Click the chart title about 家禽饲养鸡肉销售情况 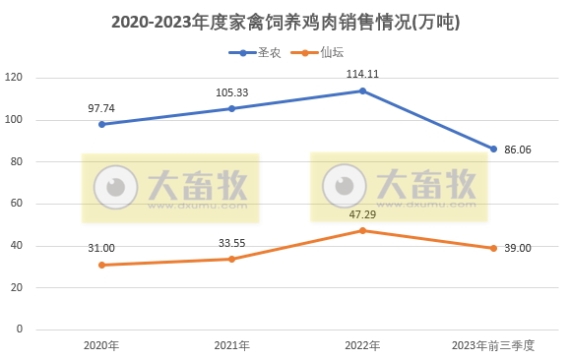pyautogui.click(x=285, y=21)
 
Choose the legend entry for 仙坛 pyautogui.click(x=322, y=52)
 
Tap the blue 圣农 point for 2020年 pyautogui.click(x=101, y=124)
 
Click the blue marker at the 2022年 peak pyautogui.click(x=362, y=90)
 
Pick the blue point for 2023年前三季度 pyautogui.click(x=493, y=149)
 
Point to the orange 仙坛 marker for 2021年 pyautogui.click(x=232, y=259)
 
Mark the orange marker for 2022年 pyautogui.click(x=362, y=230)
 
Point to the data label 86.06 pyautogui.click(x=525, y=150)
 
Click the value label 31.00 pyautogui.click(x=101, y=247)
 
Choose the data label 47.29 pyautogui.click(x=362, y=213)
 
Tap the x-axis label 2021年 pyautogui.click(x=232, y=345)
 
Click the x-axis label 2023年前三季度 pyautogui.click(x=492, y=345)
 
